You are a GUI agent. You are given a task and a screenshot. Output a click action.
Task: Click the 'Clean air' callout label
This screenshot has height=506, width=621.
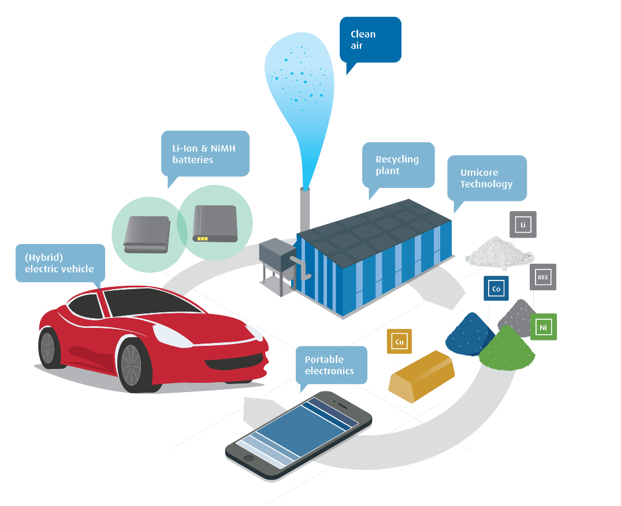370,39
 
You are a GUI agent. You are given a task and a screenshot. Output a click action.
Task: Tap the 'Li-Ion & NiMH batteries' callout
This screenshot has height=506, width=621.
205,153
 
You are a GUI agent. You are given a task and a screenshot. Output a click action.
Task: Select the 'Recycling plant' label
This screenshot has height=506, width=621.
398,165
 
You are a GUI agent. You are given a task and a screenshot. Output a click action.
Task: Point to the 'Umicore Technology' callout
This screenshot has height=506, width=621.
486,178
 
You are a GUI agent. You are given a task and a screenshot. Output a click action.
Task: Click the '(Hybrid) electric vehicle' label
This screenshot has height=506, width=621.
60,263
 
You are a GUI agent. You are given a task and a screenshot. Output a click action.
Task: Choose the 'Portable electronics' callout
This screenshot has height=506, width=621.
330,365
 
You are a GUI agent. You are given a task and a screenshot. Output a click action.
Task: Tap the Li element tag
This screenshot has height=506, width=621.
523,224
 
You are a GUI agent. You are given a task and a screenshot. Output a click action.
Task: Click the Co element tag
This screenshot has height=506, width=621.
496,289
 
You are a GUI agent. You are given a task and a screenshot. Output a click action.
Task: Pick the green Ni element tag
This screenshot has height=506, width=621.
543,327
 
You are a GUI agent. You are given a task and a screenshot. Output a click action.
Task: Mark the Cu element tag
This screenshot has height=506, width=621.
399,341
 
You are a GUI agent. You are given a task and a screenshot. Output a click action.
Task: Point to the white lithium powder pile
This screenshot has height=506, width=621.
500,251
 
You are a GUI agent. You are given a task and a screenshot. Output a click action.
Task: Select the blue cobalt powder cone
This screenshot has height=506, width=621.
470,334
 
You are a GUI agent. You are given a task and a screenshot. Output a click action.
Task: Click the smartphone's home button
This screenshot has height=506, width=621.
249,459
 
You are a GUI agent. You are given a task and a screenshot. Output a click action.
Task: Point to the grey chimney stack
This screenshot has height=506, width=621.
304,208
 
